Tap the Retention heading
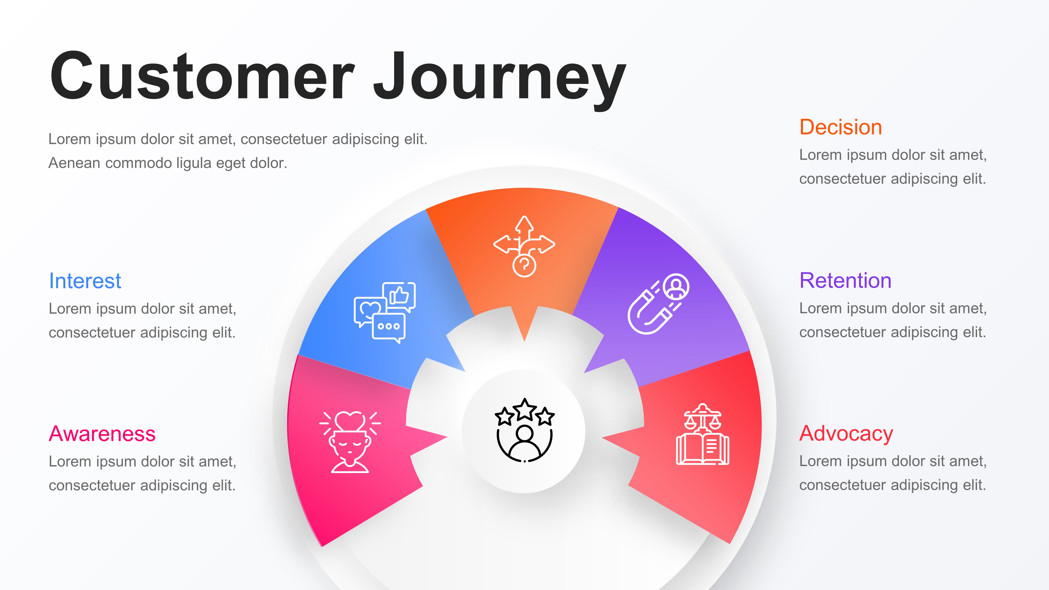coord(845,281)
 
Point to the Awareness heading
coord(102,434)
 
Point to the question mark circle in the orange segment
coord(524,266)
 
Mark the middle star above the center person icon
coord(524,408)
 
